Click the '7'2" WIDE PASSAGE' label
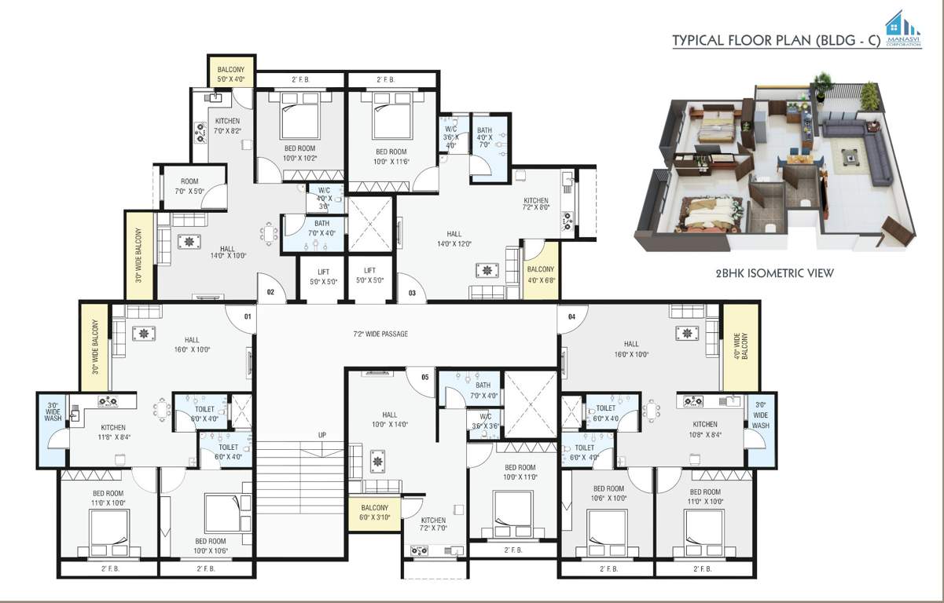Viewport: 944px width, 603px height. click(380, 334)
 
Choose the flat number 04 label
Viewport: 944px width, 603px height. click(571, 317)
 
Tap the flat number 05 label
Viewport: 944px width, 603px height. click(425, 377)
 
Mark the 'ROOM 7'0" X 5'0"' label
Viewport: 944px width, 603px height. click(190, 185)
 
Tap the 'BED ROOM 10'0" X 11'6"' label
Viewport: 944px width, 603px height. click(391, 156)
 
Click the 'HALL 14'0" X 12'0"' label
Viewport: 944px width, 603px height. click(454, 239)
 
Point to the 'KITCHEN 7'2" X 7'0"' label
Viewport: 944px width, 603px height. click(433, 524)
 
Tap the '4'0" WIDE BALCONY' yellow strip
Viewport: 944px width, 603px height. click(740, 347)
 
